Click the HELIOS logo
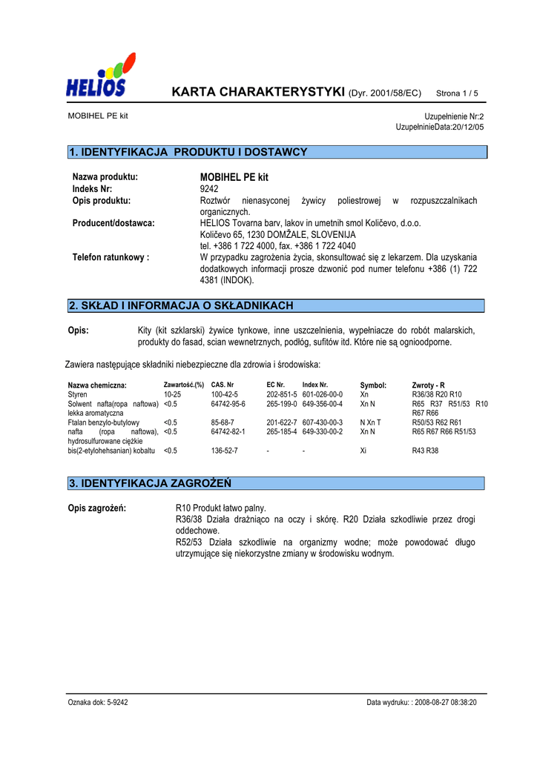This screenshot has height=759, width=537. coord(100,76)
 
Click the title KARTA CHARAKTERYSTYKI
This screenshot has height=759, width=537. coord(259,93)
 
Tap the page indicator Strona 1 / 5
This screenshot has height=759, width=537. coord(457,93)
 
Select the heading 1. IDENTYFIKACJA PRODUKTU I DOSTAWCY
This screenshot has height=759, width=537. coord(188,152)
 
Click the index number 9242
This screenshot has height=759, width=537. coord(209,189)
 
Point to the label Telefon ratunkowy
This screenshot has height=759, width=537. coord(111,257)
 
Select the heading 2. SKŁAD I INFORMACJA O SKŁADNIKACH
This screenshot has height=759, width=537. coord(181,305)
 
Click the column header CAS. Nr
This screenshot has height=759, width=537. coord(223,385)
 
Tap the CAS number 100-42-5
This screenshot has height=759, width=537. coord(225,395)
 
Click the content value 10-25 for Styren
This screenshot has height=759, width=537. coord(172,395)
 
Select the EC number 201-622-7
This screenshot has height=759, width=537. coord(282,422)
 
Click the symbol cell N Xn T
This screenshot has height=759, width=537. coord(370,422)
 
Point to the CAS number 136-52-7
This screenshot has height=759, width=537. coord(225,450)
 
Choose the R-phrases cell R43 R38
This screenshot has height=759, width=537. coord(426,450)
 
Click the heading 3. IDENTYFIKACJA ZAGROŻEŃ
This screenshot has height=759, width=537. coord(150,483)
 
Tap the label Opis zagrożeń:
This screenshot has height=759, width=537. coord(97,508)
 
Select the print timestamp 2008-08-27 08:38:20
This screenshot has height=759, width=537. coord(444,702)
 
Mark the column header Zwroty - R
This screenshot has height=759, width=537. coord(428,385)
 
